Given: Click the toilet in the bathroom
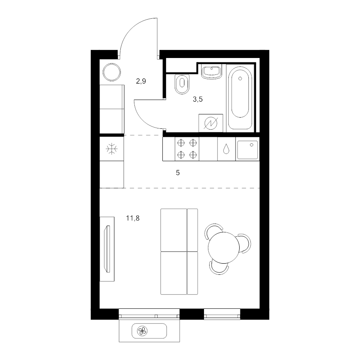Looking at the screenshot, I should click(x=182, y=83).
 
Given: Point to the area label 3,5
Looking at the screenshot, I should click(x=198, y=100).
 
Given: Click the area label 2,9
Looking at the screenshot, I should click(x=141, y=81).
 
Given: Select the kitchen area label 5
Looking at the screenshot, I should click(x=178, y=173).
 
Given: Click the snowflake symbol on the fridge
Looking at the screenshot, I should click(x=111, y=149).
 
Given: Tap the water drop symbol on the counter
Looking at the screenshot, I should click(x=226, y=149).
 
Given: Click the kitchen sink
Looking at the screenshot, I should click(x=248, y=149).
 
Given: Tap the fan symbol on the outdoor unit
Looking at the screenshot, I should click(x=142, y=331).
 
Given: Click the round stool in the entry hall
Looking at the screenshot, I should click(x=112, y=72).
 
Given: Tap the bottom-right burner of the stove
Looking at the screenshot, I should click(x=193, y=155).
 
